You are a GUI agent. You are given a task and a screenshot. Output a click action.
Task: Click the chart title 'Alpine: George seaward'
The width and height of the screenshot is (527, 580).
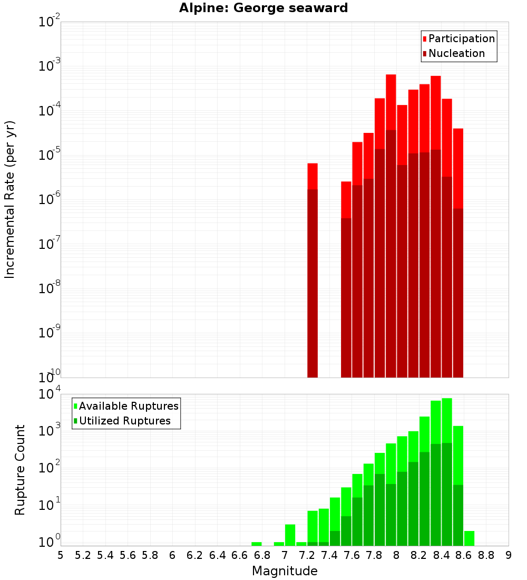click(x=263, y=8)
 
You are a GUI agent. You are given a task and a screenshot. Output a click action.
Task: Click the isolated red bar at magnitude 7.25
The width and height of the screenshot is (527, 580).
click(x=313, y=269)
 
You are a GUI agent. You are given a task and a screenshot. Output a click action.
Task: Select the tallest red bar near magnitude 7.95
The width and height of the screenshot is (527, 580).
click(x=391, y=227)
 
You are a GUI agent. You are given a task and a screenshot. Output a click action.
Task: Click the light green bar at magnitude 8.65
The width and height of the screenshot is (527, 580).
click(x=469, y=538)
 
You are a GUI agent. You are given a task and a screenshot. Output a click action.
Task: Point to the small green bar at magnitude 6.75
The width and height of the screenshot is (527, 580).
click(x=257, y=544)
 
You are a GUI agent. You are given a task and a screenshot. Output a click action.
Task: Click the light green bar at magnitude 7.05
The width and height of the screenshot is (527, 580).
click(x=290, y=535)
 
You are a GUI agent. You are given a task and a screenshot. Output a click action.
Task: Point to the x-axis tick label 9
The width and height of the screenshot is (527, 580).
click(x=509, y=555)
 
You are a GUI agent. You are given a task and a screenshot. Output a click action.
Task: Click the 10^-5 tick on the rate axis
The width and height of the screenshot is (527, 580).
click(x=49, y=155)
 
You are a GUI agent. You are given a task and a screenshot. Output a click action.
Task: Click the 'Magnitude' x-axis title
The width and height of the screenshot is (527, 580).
click(x=285, y=571)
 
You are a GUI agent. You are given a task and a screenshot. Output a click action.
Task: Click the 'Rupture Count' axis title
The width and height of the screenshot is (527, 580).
click(x=20, y=469)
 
